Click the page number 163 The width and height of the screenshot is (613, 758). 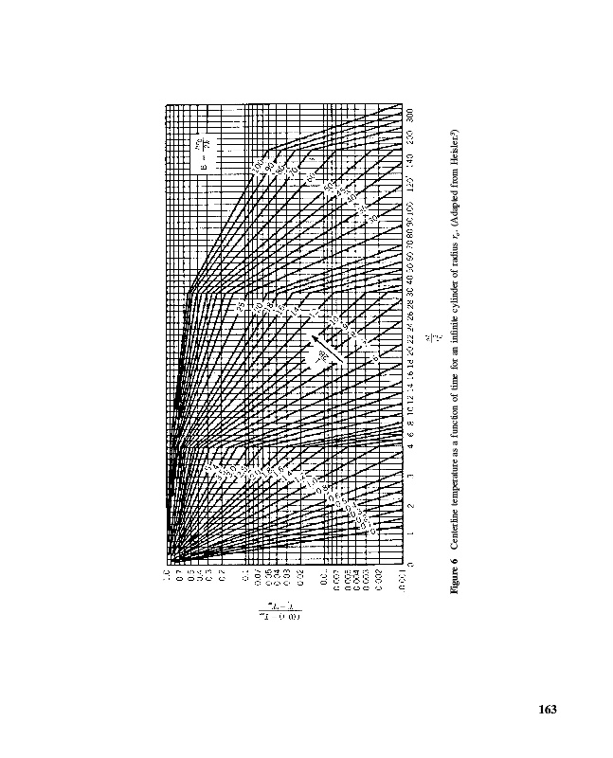[546, 710]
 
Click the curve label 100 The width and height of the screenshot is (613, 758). [257, 169]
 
